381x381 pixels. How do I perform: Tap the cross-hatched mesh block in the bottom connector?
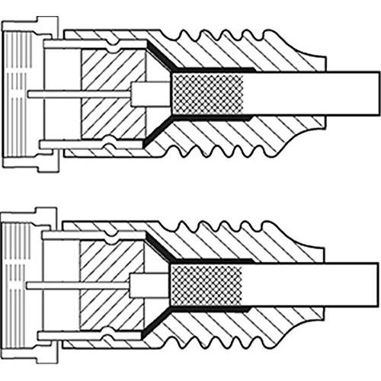pyautogui.click(x=209, y=284)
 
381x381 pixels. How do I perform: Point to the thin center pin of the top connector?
pyautogui.click(x=76, y=94)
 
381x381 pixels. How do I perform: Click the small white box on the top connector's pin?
pyautogui.click(x=142, y=94)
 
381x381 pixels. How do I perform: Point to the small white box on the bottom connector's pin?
pyautogui.click(x=142, y=284)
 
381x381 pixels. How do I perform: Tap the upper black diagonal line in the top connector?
pyautogui.click(x=159, y=57)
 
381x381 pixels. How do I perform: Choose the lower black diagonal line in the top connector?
pyautogui.click(x=159, y=132)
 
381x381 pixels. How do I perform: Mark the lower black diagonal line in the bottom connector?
pyautogui.click(x=159, y=321)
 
